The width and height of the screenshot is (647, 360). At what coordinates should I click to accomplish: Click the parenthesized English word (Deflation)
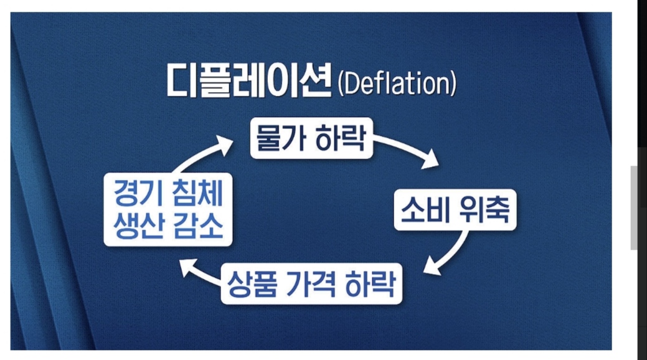pos(396,83)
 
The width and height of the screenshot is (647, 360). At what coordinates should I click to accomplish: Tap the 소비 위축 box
pos(455,210)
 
